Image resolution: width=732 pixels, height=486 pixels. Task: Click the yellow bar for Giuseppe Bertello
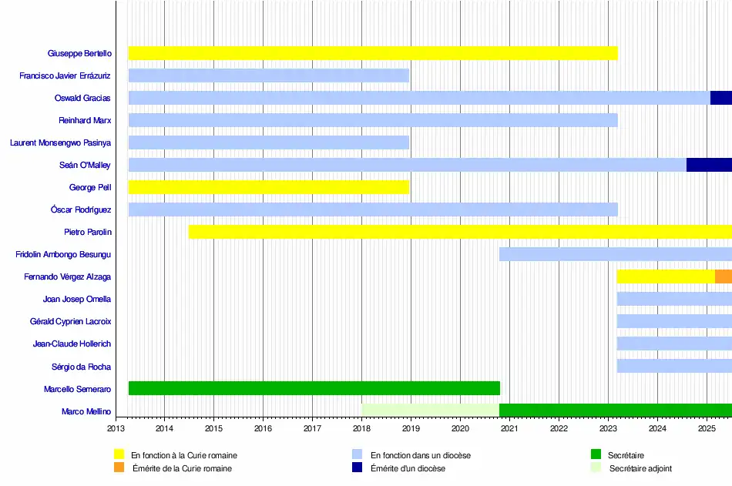click(372, 53)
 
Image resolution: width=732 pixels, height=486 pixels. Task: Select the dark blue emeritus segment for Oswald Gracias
click(720, 98)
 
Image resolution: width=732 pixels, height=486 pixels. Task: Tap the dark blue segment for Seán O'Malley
click(709, 165)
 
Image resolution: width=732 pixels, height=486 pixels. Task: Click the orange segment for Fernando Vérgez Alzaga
click(723, 277)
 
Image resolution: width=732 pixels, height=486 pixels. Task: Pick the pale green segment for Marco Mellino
click(430, 411)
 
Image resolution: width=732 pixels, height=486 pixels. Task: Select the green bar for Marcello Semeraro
click(314, 388)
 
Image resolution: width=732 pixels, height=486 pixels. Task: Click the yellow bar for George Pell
click(268, 187)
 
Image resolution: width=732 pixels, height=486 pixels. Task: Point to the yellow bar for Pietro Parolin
click(460, 232)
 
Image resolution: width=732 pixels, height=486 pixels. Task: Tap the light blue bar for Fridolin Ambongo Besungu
click(615, 254)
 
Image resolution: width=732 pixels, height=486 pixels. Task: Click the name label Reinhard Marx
click(85, 120)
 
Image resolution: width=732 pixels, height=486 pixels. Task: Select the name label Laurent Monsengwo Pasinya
click(60, 142)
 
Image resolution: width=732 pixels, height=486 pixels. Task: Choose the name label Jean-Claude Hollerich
click(72, 344)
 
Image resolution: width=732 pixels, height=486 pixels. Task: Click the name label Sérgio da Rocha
click(81, 367)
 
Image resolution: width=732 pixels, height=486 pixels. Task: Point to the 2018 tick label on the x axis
click(361, 428)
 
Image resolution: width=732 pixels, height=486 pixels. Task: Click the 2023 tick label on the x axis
click(608, 428)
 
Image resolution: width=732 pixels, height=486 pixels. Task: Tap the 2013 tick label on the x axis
click(116, 428)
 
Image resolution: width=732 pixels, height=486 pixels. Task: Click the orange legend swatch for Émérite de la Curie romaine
click(119, 467)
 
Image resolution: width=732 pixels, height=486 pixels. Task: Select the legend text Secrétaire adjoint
click(640, 468)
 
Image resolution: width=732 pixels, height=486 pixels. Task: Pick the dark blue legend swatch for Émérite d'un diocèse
click(357, 467)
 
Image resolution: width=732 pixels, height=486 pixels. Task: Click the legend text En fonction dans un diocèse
click(420, 455)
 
